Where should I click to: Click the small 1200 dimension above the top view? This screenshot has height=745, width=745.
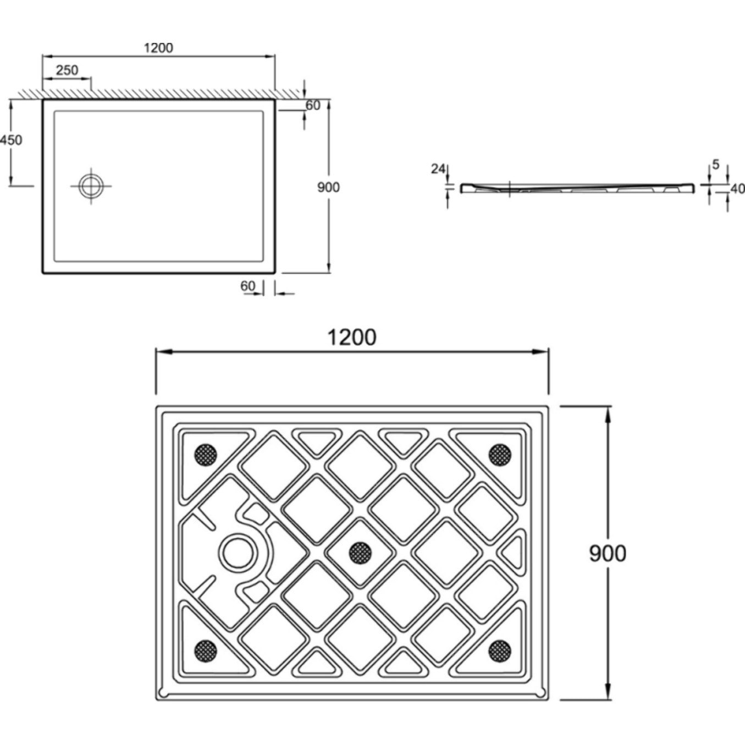158,48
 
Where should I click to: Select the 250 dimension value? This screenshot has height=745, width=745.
67,70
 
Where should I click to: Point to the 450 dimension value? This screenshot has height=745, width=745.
11,140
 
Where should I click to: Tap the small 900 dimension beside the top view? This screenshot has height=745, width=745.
328,187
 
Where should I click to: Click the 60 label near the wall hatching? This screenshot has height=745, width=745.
313,106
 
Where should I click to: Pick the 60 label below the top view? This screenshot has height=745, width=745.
248,286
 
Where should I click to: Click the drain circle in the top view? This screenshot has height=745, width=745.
91,186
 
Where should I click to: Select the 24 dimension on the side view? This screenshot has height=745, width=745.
438,169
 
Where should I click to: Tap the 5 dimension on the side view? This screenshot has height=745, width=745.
715,164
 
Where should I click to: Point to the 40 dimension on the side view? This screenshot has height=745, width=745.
738,189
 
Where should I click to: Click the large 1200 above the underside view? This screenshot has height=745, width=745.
352,338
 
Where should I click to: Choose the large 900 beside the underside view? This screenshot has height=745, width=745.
608,553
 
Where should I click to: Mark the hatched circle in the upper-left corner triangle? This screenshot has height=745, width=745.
206,455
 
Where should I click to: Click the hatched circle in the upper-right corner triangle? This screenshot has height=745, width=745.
500,454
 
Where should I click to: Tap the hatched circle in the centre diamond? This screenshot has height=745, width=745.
360,553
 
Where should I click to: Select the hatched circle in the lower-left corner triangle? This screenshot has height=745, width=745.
206,651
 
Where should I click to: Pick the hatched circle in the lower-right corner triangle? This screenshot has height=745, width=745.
500,651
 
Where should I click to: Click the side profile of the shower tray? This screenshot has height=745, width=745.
577,189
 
